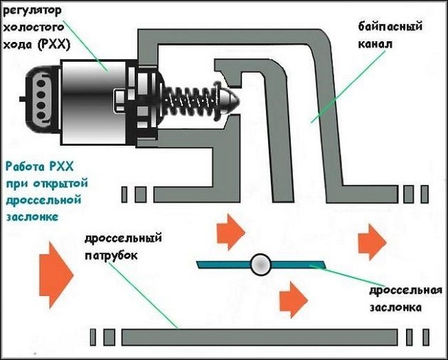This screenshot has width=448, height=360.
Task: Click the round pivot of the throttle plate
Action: coord(260,265)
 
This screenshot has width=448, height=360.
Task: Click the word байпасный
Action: coord(390,26)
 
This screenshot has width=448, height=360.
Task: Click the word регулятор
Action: coord(32,10)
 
